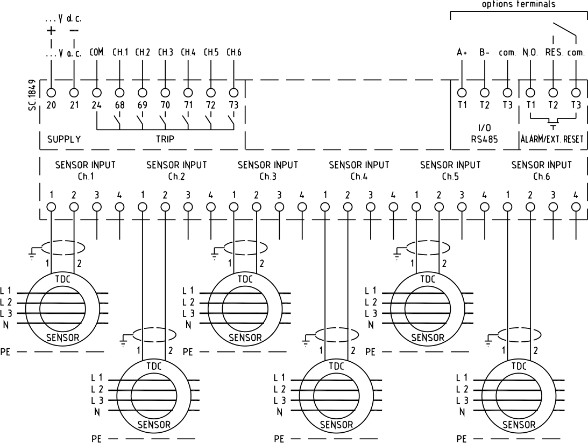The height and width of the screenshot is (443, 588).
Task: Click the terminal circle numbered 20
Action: [x=51, y=93]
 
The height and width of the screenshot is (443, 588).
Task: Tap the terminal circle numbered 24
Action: [x=97, y=93]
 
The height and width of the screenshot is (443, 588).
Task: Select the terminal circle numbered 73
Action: [x=233, y=93]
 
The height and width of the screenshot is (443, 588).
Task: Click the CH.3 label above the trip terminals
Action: [x=165, y=53]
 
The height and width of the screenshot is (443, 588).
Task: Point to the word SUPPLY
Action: [x=64, y=139]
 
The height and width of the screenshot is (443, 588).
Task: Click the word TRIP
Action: [x=165, y=139]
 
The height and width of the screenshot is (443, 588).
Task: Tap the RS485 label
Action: [x=485, y=139]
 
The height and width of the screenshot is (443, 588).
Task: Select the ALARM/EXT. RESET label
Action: [x=552, y=139]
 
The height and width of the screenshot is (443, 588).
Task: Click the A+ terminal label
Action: [x=462, y=53]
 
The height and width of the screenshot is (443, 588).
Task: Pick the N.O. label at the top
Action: [x=530, y=53]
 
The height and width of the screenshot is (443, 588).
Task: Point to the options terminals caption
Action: [x=518, y=4]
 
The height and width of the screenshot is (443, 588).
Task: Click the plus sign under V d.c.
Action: [x=51, y=31]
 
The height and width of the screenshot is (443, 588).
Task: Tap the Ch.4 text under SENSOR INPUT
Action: [x=359, y=177]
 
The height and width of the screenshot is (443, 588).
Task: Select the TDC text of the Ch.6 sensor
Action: [x=519, y=365]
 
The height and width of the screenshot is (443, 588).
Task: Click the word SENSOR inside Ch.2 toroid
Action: [x=154, y=425]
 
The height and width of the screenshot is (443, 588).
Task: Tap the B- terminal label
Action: [x=485, y=53]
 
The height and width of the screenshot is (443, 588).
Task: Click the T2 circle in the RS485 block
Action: [x=485, y=93]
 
